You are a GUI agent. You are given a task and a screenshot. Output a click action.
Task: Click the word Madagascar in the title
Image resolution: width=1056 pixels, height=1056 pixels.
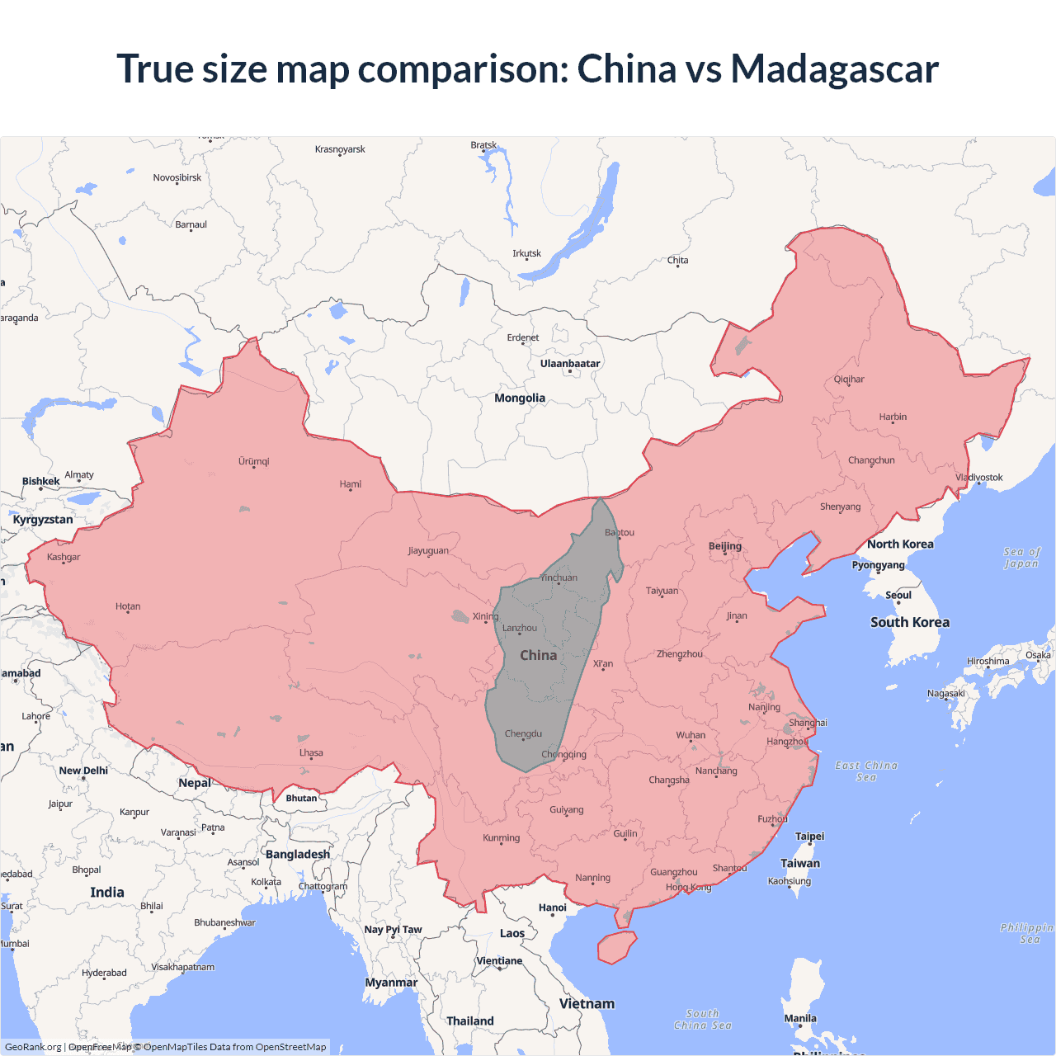click(x=834, y=69)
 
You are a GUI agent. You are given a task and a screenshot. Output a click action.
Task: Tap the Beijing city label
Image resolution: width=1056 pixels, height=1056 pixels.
click(x=725, y=546)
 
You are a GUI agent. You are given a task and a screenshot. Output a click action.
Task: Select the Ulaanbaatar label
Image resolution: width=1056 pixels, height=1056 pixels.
click(x=570, y=364)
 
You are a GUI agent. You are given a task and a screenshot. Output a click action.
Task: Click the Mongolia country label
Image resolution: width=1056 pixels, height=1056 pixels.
click(x=520, y=398)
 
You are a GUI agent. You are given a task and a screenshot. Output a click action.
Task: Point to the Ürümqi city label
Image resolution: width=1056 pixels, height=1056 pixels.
click(x=254, y=461)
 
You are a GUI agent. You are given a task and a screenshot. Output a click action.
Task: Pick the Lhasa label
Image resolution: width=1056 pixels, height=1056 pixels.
click(x=311, y=752)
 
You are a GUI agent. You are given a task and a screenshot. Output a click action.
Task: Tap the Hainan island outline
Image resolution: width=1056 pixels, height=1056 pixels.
click(x=616, y=947)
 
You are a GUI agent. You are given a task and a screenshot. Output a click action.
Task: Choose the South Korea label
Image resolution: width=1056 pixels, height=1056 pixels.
click(x=910, y=623)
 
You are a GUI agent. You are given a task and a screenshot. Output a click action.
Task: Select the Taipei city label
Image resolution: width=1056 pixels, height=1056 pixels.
click(x=809, y=837)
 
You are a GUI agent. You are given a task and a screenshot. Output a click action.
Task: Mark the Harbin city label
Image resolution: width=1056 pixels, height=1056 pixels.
click(x=893, y=417)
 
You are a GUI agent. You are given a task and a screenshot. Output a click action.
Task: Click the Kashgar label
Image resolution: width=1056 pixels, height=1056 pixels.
click(x=64, y=558)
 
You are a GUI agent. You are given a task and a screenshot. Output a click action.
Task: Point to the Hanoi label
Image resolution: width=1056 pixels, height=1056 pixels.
click(x=553, y=907)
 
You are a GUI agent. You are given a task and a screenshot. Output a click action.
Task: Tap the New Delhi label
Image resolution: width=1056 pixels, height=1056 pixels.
click(x=83, y=771)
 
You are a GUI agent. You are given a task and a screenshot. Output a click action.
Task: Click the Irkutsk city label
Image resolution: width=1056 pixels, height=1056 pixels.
click(x=527, y=253)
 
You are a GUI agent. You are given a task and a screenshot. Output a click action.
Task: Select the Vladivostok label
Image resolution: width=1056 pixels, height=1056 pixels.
click(x=979, y=478)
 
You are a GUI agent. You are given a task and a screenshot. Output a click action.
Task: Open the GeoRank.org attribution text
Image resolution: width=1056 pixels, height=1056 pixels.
click(x=33, y=1047)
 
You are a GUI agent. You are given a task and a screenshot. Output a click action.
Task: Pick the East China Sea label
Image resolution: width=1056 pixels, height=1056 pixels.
click(x=866, y=771)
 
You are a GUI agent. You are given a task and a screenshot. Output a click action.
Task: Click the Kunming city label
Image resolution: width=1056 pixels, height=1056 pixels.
click(x=502, y=838)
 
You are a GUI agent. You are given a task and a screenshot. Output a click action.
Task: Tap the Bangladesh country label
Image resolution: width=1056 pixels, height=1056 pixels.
click(x=298, y=855)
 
